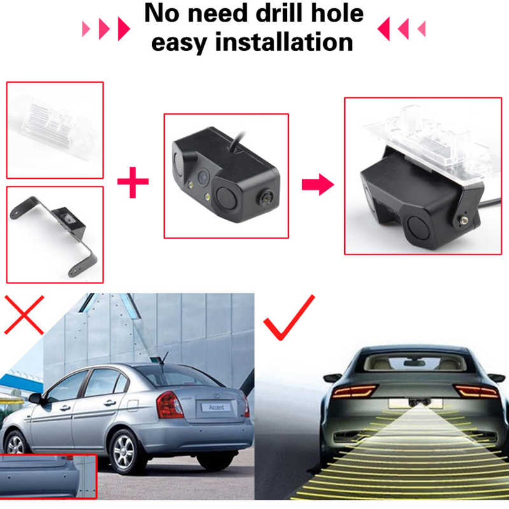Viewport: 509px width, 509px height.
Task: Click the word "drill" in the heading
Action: tap(279, 13)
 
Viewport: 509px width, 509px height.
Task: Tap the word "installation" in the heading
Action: tap(284, 42)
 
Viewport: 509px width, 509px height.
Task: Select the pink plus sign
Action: tap(133, 182)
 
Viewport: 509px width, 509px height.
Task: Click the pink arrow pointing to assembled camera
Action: tap(317, 185)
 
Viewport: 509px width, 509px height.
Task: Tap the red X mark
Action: tap(24, 314)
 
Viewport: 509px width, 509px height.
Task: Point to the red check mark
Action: tap(289, 317)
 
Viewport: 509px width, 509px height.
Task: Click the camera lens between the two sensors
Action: tap(203, 176)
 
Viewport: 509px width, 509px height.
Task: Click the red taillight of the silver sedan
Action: tap(169, 405)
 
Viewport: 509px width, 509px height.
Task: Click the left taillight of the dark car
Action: tap(355, 391)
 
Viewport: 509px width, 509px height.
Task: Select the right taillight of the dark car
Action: tap(476, 391)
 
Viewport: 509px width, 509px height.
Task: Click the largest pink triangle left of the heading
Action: tap(123, 29)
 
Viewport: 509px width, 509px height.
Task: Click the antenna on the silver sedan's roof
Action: tap(164, 358)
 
